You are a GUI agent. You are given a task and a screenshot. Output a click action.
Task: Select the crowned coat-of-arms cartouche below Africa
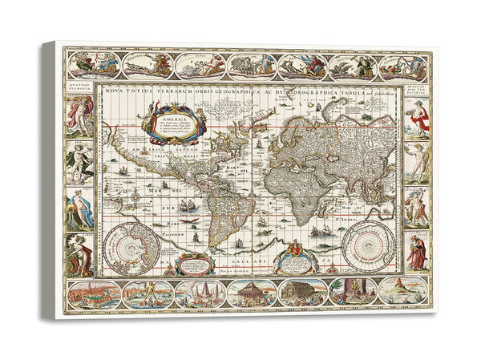(291, 257)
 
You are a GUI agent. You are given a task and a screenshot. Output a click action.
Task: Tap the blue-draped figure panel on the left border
(80, 209)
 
